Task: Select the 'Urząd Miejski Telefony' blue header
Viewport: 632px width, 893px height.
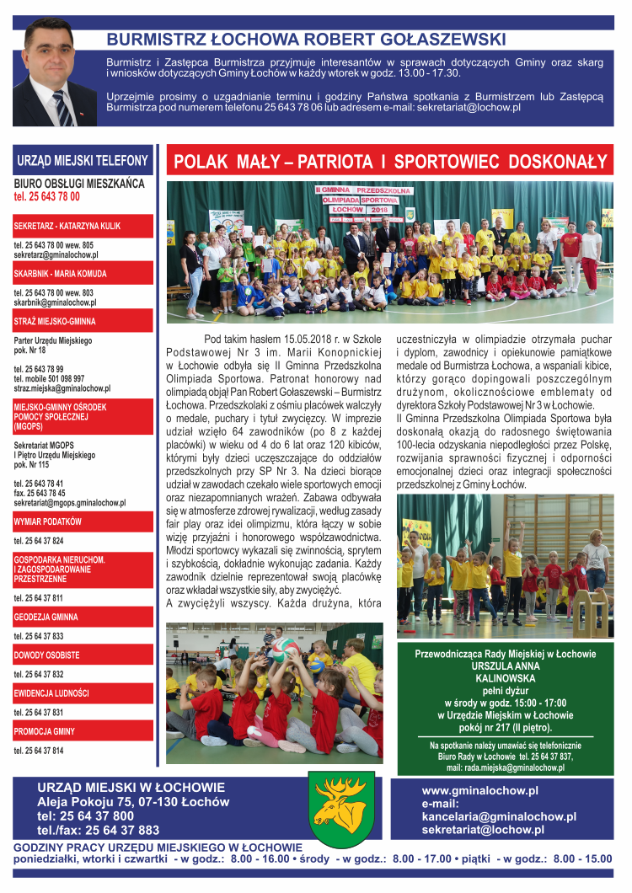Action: coord(83,160)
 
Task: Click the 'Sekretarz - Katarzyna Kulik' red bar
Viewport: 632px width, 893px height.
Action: coord(83,226)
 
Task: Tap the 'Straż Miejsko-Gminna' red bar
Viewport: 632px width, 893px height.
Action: coord(83,321)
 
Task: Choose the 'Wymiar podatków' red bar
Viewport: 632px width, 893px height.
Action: coord(83,521)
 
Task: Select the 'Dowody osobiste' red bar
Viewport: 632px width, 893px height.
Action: coord(83,655)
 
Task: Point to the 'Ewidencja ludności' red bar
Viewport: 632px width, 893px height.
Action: coord(83,692)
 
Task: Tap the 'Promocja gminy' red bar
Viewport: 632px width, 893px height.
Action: coord(83,730)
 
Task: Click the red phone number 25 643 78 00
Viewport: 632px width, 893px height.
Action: coord(47,196)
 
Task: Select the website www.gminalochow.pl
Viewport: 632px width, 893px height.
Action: coord(479,790)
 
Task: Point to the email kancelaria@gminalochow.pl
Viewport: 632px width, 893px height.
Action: coord(499,816)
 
